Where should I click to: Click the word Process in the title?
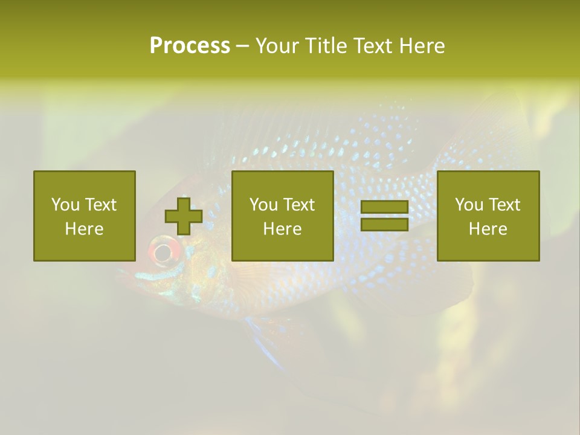coord(190,46)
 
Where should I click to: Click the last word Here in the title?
coord(421,46)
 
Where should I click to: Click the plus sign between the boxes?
coord(184,216)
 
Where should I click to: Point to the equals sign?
coord(384,216)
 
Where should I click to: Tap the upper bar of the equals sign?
coord(384,207)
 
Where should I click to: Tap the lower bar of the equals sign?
coord(384,224)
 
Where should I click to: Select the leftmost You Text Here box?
coord(84,216)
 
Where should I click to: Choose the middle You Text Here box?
coord(282,216)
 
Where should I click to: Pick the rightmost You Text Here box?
coord(488,216)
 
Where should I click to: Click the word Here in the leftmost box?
coord(84,229)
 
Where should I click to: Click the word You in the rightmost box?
coord(469,205)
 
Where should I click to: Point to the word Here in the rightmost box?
coord(488,229)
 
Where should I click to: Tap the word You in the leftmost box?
coord(65,205)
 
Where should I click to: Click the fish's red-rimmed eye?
coord(163,251)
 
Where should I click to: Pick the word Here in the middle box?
coord(282,229)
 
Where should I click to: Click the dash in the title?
coord(243,47)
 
